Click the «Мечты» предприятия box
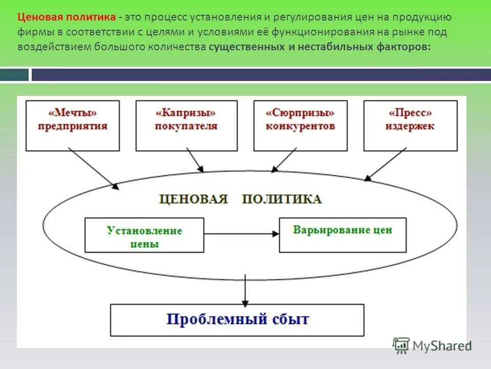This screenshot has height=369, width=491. click(x=73, y=126)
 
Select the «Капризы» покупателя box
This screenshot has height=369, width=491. click(x=186, y=126)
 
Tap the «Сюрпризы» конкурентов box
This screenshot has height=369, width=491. click(x=300, y=126)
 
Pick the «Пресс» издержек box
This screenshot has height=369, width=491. click(x=410, y=126)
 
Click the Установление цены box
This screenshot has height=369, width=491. click(x=144, y=235)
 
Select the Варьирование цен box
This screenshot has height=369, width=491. click(x=342, y=235)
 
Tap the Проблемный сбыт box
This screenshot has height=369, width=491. click(x=237, y=320)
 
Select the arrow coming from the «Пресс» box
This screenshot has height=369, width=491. click(x=386, y=164)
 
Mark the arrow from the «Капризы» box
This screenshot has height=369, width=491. click(x=195, y=160)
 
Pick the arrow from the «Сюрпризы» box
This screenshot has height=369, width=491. click(x=284, y=160)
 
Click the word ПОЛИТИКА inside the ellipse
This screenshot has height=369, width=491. click(x=281, y=199)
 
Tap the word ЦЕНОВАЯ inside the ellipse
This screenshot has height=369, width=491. click(x=193, y=199)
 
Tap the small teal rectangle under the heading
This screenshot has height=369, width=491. click(x=14, y=75)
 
